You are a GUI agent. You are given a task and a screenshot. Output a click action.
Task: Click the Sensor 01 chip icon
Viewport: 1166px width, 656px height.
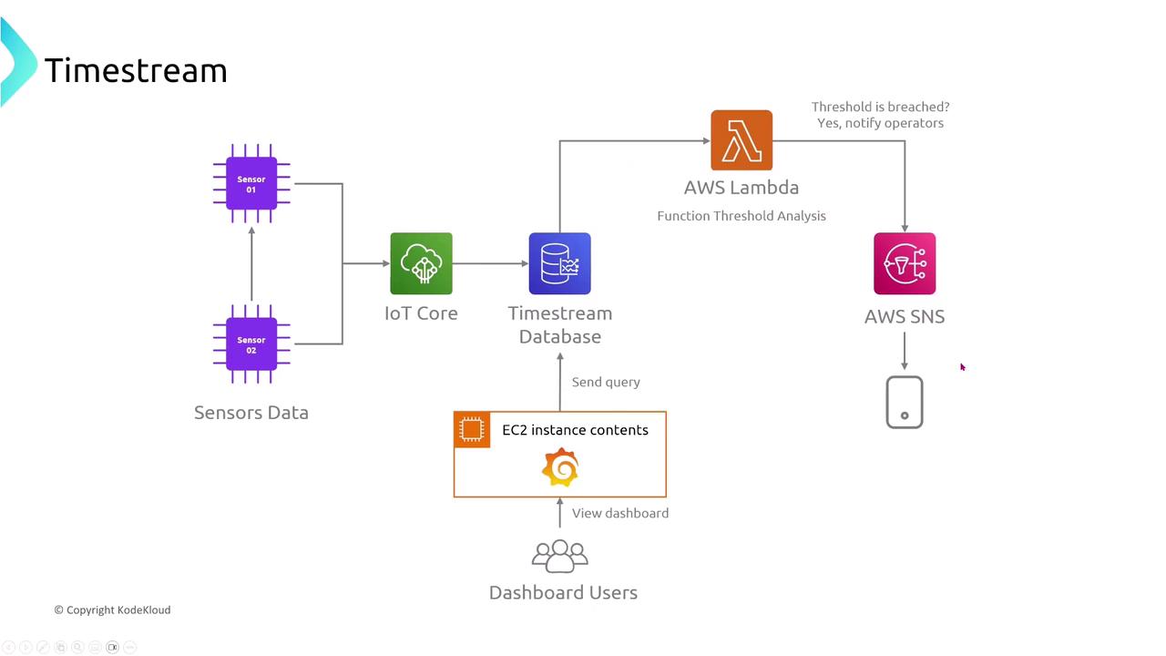click(251, 184)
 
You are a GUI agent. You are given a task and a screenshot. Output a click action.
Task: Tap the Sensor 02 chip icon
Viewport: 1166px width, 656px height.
click(251, 344)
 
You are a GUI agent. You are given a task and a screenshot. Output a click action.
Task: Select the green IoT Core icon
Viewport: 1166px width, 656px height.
click(421, 263)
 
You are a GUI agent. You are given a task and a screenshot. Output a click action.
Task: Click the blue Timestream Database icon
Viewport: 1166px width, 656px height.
click(559, 263)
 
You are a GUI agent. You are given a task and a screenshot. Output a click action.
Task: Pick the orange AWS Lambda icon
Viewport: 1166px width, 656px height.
click(742, 140)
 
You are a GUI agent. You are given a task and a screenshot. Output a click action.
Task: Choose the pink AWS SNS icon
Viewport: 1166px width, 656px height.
click(905, 263)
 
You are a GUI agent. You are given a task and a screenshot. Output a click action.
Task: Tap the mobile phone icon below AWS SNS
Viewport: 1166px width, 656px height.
click(905, 402)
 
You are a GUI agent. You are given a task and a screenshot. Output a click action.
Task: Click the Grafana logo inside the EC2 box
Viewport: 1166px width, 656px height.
click(560, 468)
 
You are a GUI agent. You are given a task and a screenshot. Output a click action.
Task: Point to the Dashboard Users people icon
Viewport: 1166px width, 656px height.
click(560, 556)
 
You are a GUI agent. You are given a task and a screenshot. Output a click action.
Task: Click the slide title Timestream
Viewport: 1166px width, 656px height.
click(136, 70)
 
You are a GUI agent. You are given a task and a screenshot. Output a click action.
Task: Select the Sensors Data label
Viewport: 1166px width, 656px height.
click(251, 413)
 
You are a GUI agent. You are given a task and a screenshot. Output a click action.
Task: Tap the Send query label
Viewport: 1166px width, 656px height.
click(606, 382)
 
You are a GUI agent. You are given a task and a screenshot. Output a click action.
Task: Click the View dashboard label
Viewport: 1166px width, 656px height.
click(620, 513)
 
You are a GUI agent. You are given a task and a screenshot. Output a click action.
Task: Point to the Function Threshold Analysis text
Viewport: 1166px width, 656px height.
click(742, 216)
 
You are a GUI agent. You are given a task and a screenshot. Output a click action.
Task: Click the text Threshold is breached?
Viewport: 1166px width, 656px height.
click(880, 107)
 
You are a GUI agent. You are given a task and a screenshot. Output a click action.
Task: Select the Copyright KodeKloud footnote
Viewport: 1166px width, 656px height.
click(112, 610)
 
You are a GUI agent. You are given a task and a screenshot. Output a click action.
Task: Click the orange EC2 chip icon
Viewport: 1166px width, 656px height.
click(472, 429)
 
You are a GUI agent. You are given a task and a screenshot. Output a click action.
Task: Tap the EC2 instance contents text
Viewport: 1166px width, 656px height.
click(575, 430)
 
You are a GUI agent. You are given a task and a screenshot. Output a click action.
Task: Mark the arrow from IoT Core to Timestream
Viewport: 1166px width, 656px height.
click(490, 263)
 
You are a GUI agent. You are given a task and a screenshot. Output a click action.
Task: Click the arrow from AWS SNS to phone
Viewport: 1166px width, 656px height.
click(905, 351)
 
